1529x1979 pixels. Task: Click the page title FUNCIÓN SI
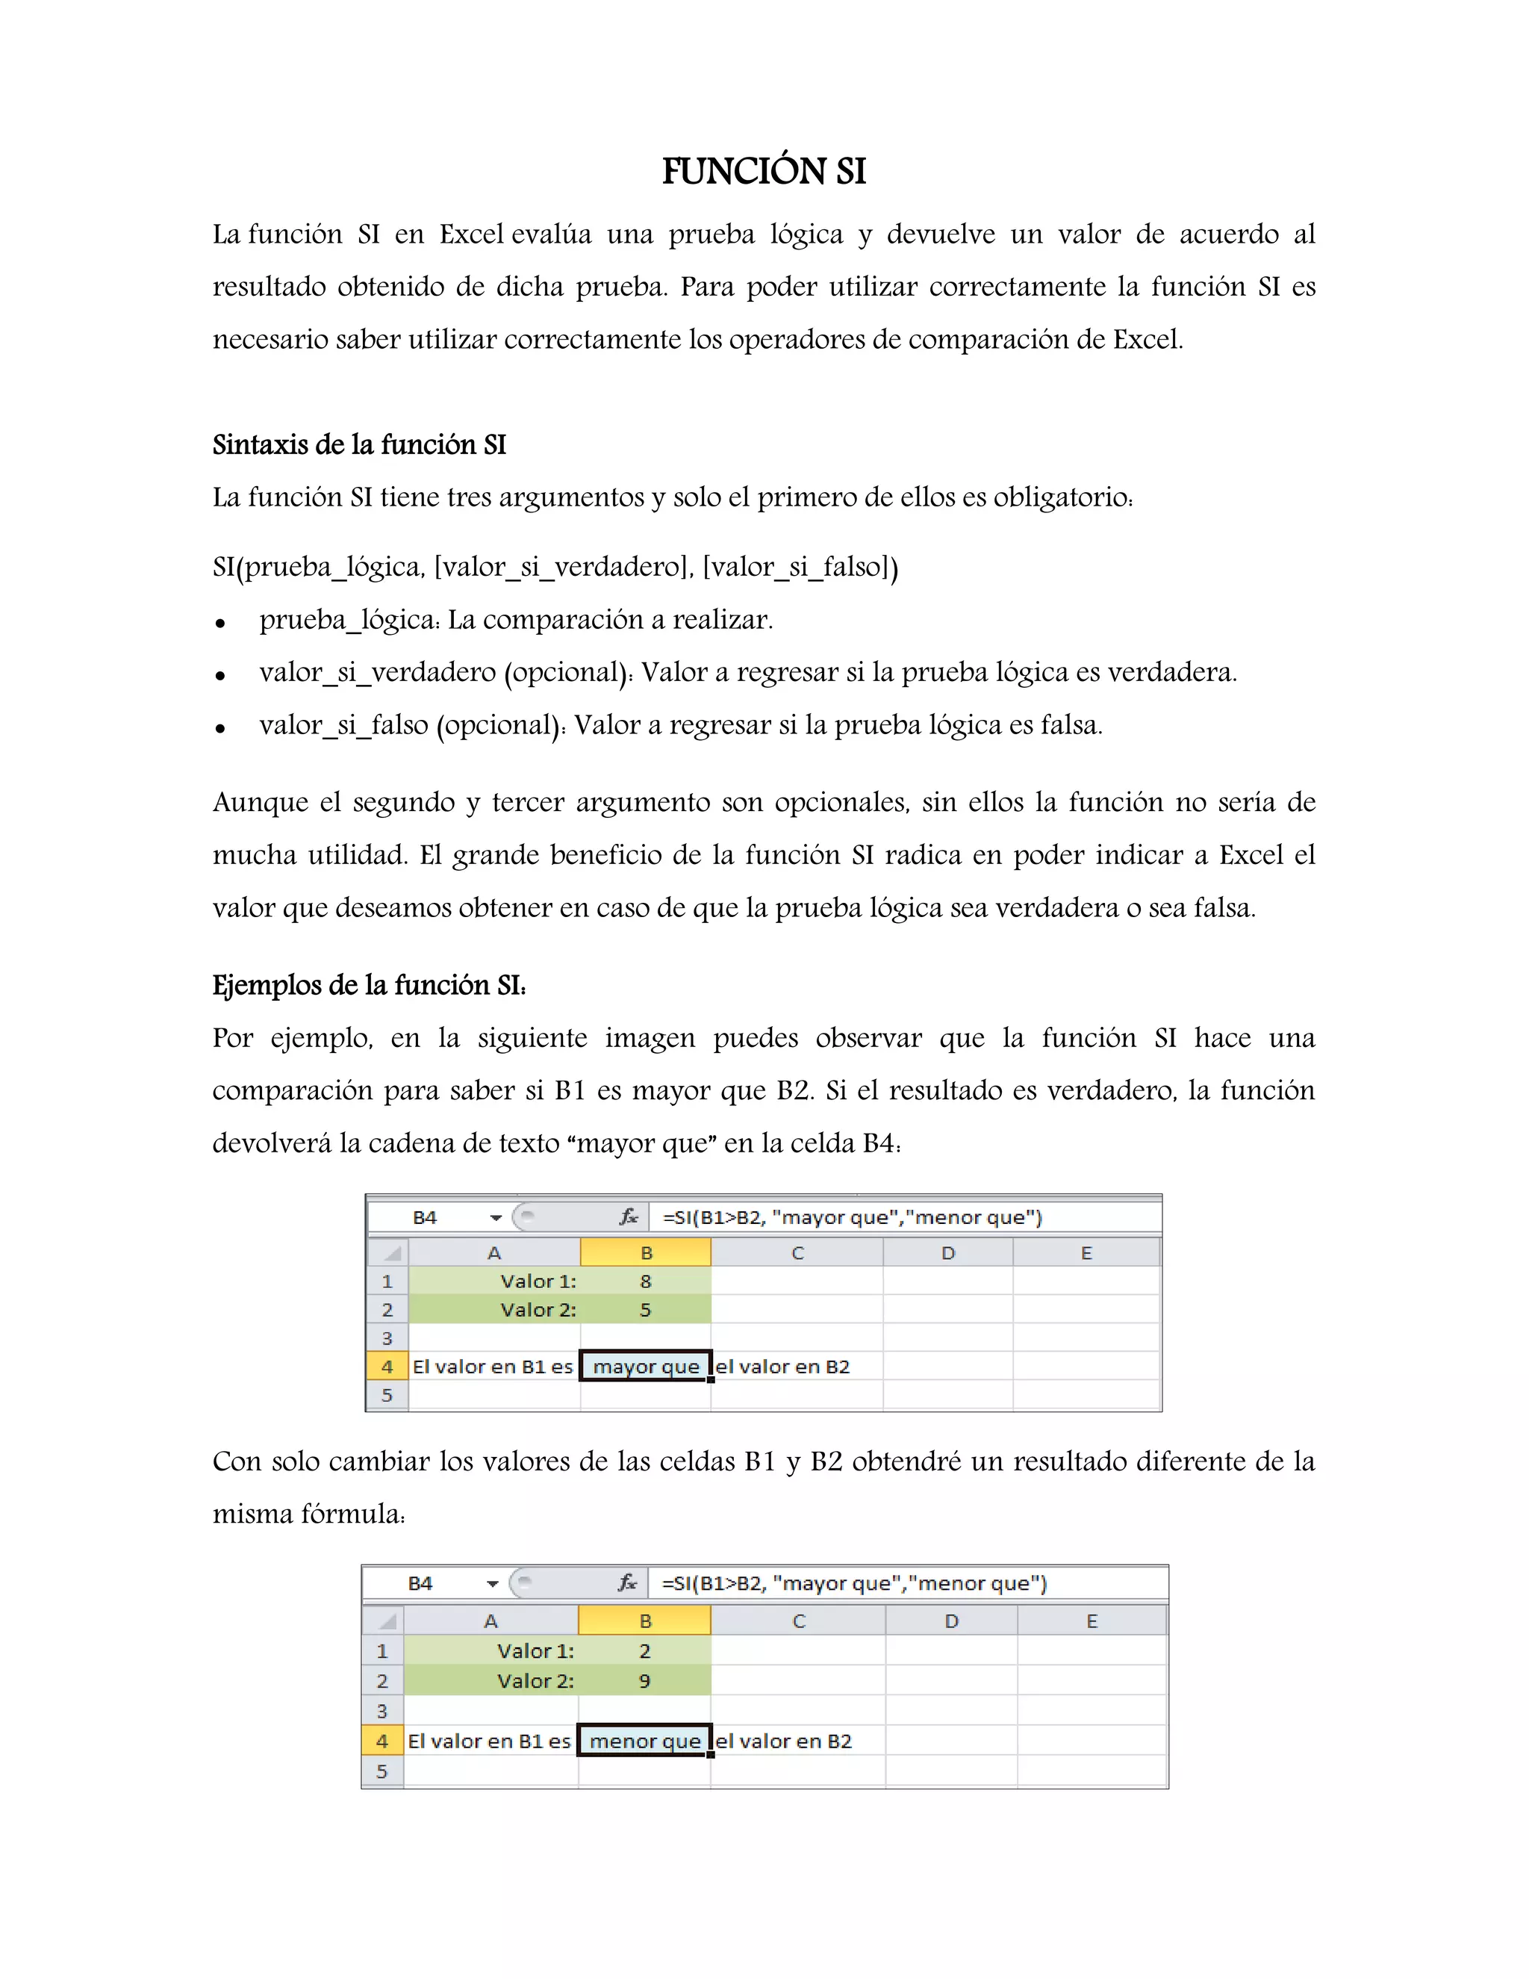764,171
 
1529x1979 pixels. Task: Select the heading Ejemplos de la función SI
369,985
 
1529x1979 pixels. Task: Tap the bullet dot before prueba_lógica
220,624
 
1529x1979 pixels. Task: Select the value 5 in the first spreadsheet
645,1309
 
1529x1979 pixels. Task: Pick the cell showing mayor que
646,1367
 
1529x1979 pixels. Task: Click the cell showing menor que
645,1741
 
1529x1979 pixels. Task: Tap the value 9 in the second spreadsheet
644,1681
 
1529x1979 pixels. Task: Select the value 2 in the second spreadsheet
644,1651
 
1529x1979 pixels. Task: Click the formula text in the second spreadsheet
853,1583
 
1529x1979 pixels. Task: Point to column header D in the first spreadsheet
947,1253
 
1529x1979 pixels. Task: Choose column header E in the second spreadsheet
1092,1621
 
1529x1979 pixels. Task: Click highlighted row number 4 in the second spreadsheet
382,1741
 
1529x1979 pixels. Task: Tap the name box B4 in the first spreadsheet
425,1217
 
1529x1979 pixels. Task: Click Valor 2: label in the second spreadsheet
535,1681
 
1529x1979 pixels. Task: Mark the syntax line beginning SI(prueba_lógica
555,568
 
